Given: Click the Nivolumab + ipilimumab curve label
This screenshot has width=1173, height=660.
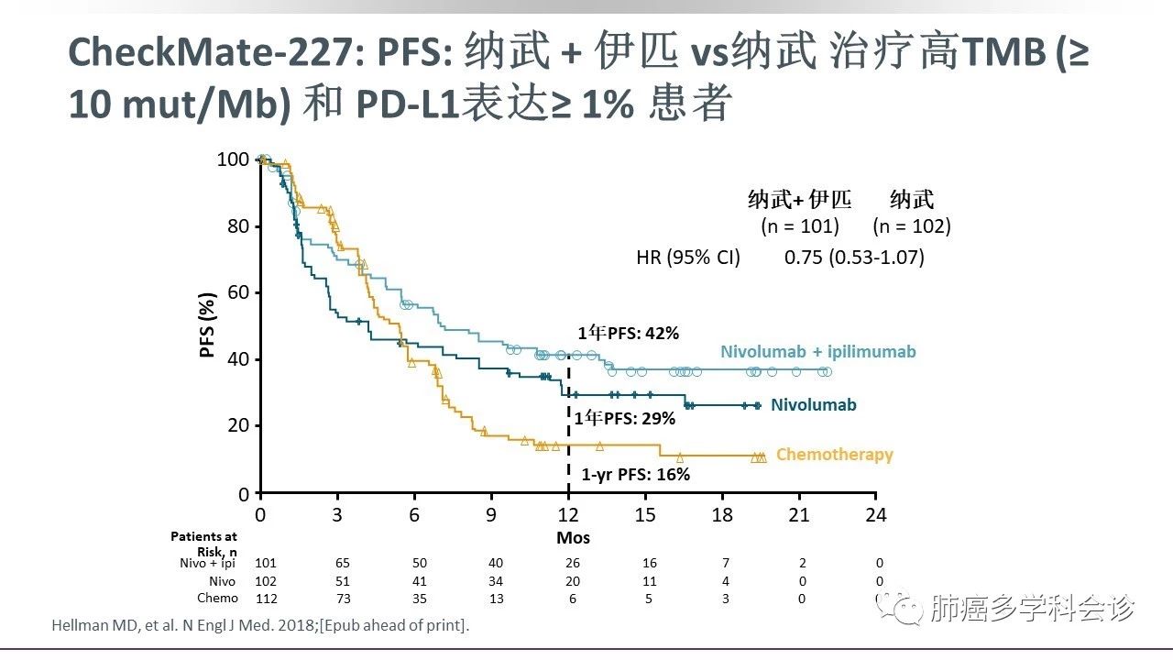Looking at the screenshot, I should pos(817,352).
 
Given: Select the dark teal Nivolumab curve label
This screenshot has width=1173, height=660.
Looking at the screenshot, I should pos(813,405).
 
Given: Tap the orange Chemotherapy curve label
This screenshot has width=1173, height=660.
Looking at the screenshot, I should pos(834,455).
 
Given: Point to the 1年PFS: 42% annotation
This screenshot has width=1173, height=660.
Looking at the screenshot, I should pos(628,334).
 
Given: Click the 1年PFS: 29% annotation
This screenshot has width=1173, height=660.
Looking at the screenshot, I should pos(625,418).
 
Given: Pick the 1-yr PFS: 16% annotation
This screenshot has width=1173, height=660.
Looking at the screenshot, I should pos(635,475).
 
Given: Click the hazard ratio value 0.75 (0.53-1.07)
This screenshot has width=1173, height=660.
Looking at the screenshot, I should pos(854,258).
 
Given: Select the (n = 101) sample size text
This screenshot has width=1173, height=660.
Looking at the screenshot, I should pos(799,225).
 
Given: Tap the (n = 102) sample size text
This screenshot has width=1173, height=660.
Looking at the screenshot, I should pos(912,225).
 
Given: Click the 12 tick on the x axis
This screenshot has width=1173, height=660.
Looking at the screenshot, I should pos(568,515).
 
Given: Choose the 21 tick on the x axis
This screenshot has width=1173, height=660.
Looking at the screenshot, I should pos(799,515).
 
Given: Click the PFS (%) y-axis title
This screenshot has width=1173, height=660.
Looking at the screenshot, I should pos(209,325).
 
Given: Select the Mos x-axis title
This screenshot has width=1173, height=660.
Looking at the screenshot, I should pos(573,538).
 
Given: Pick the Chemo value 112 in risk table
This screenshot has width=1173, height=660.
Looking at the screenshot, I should pos(265,599).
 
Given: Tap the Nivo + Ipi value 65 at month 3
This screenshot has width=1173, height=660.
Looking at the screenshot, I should pos(339,563).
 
